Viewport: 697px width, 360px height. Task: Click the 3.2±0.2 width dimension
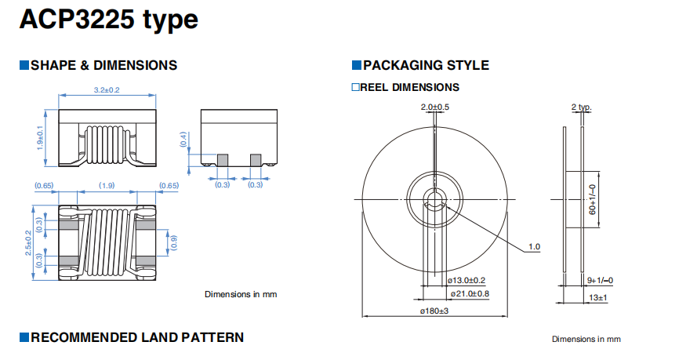[107, 90]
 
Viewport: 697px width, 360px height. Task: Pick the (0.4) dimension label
[183, 140]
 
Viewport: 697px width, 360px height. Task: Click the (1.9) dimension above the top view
[107, 185]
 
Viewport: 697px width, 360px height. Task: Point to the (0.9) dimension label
[174, 242]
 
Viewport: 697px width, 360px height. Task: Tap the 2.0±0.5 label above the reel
[435, 107]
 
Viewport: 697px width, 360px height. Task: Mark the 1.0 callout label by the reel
[535, 247]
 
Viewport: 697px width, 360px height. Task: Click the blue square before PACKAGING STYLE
[357, 65]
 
